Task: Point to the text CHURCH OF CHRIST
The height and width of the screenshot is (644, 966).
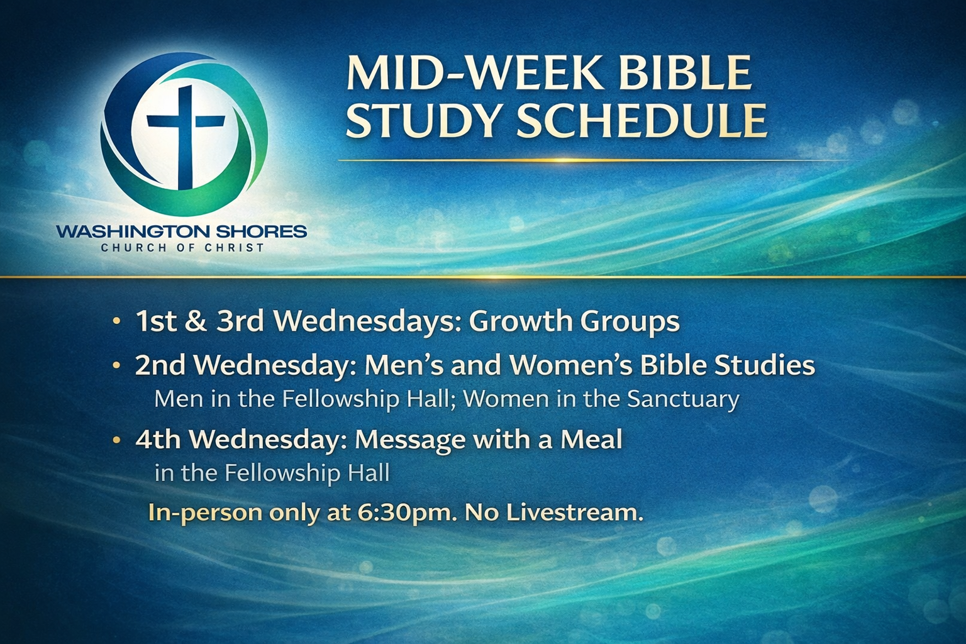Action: coord(182,248)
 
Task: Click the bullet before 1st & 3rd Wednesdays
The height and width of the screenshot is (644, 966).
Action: coord(116,321)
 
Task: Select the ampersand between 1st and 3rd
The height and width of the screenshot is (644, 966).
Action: coord(197,321)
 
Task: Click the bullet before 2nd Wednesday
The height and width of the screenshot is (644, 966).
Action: coord(116,365)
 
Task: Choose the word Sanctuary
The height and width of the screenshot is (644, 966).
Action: coord(682,400)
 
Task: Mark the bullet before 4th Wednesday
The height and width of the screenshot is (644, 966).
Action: coord(116,440)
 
